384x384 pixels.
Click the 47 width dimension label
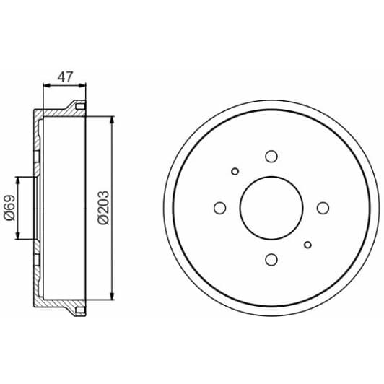[x=65, y=77]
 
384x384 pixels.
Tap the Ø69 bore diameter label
[x=10, y=208]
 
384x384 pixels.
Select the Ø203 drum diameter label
[x=103, y=208]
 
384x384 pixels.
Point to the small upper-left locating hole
[x=235, y=172]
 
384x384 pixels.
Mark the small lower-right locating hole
[x=307, y=245]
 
